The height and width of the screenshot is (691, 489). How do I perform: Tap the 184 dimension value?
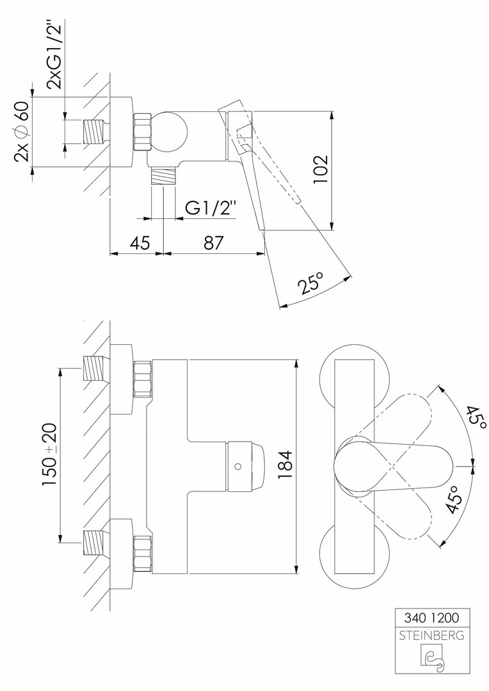285,465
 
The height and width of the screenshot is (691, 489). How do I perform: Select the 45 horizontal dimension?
140,243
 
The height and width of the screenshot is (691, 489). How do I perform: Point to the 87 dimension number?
213,243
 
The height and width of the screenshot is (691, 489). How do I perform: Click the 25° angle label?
311,283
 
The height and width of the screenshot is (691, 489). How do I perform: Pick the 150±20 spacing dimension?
50,455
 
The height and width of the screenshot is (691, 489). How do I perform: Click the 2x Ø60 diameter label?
21,131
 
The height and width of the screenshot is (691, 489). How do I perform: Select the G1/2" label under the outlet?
211,208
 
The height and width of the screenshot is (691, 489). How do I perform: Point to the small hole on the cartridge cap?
238,465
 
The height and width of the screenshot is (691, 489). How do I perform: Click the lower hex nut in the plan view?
143,554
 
